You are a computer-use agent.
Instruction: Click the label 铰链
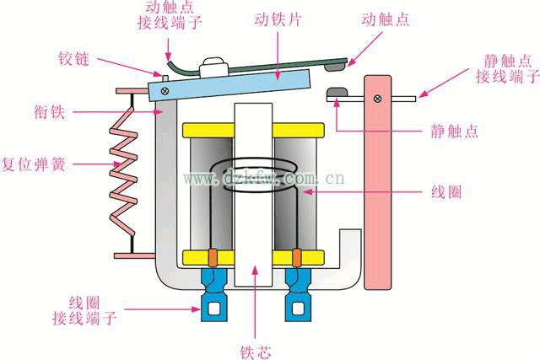coord(73,59)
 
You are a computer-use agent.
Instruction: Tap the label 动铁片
coord(278,19)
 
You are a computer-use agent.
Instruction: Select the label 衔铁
coord(49,112)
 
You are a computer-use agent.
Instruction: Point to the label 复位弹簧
coord(34,164)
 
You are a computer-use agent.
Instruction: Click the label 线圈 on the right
coord(446,191)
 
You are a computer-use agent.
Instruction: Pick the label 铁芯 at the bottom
coord(256,352)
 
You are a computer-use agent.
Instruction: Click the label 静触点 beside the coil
coord(455,132)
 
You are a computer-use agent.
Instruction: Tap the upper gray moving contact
coord(335,67)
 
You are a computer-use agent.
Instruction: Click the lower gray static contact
coord(337,92)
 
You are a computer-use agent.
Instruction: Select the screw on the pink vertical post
coord(377,99)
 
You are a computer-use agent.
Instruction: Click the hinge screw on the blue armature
coord(165,91)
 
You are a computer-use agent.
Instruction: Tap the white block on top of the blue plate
coord(213,67)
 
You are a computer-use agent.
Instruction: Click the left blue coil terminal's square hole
coord(214,308)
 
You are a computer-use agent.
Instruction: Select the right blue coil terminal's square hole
coord(298,308)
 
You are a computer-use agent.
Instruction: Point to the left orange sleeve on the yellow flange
coord(213,258)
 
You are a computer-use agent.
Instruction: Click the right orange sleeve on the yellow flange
coord(296,258)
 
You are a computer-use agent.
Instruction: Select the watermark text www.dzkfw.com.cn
coord(263,178)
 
